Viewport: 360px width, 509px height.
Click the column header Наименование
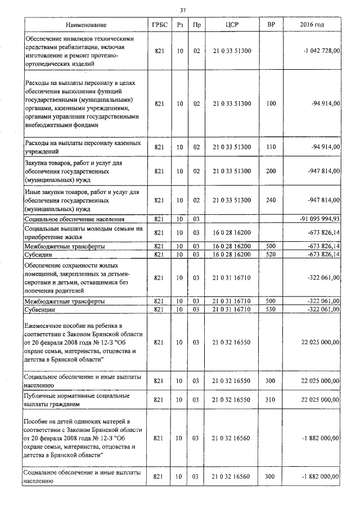click(x=85, y=25)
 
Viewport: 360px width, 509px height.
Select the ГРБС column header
click(x=159, y=25)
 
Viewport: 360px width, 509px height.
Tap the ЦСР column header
click(x=232, y=25)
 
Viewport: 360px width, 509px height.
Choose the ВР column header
click(x=271, y=25)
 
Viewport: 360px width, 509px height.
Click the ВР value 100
click(x=271, y=103)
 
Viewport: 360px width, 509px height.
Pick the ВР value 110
click(x=271, y=147)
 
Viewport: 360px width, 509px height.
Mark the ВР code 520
click(x=271, y=255)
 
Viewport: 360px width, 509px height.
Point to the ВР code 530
click(x=271, y=309)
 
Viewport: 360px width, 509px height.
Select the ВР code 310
click(x=271, y=400)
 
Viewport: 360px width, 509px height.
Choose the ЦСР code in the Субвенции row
click(x=232, y=309)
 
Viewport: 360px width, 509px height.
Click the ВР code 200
click(x=271, y=170)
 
